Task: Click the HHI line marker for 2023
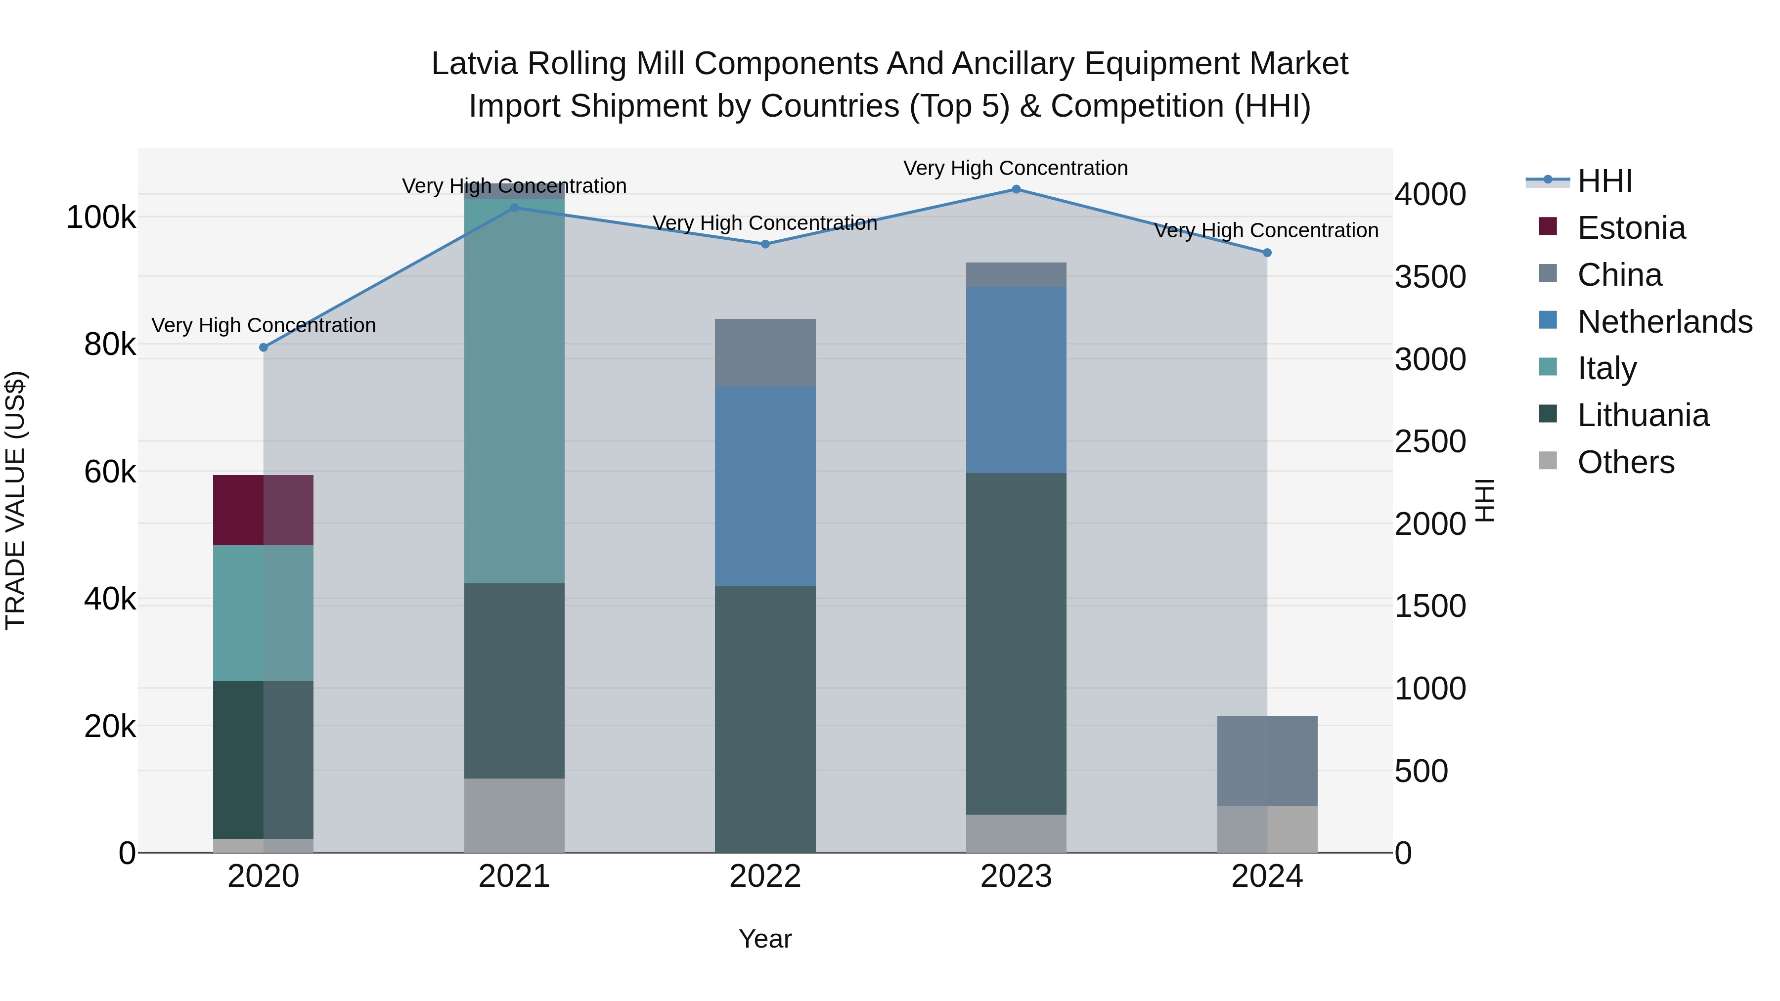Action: pos(1016,189)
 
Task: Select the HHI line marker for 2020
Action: pos(263,348)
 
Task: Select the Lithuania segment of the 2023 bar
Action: pos(1016,643)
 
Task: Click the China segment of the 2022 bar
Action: pos(765,352)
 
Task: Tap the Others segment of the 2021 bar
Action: pos(514,815)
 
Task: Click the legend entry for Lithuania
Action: pos(1643,415)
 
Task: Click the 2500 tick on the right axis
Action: pos(1429,441)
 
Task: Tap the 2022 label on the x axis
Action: pos(765,876)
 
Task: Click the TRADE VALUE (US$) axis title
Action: pos(16,500)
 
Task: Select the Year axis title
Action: pos(765,939)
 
